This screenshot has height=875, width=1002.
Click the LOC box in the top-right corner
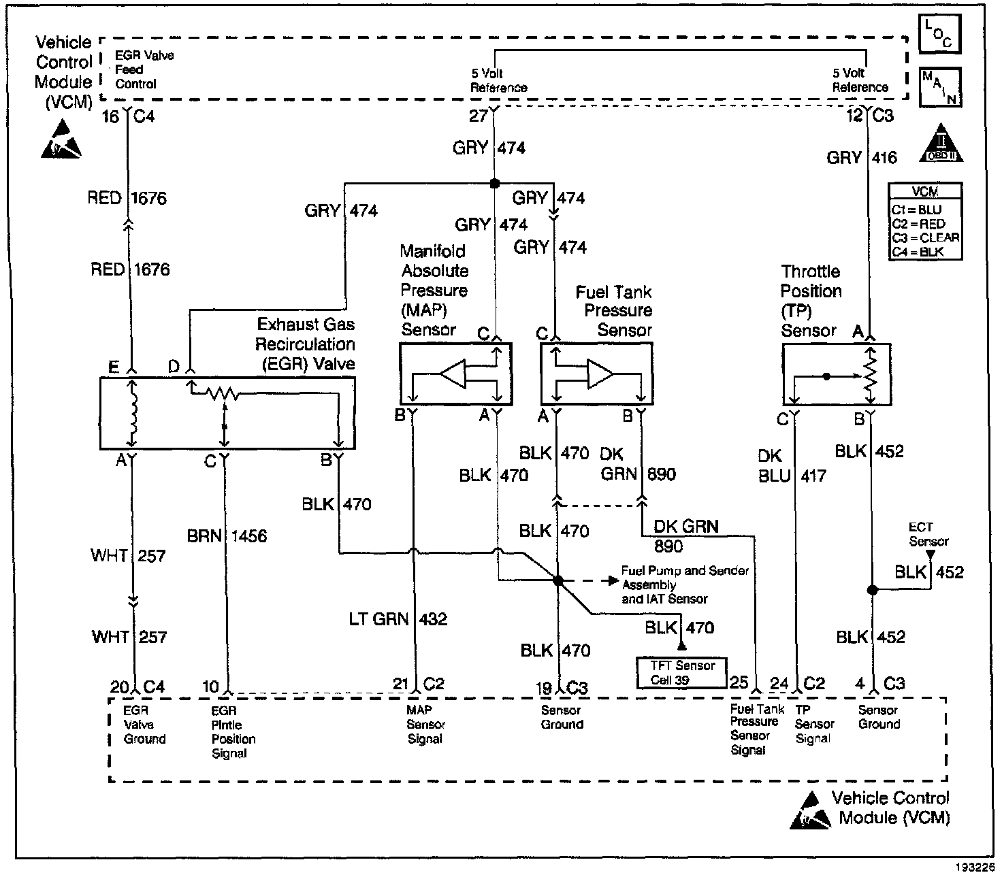[940, 33]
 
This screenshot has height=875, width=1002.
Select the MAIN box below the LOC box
[940, 86]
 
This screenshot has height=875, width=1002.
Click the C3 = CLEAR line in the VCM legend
[925, 238]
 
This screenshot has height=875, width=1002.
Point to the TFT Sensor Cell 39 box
[681, 673]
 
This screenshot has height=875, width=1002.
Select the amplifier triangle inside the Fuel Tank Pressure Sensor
[600, 374]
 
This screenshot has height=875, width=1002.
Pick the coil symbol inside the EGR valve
[132, 412]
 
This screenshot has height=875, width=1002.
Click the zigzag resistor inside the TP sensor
[870, 376]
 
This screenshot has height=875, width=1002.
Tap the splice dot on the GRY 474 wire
[495, 184]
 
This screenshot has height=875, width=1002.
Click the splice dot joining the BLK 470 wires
[557, 581]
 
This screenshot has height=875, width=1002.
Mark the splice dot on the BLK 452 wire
[872, 590]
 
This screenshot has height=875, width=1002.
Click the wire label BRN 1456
[227, 536]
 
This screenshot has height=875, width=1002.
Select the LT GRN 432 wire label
[398, 619]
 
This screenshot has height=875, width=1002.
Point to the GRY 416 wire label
[862, 158]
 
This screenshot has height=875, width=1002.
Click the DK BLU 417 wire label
[792, 465]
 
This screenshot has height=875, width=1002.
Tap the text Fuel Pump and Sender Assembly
[685, 578]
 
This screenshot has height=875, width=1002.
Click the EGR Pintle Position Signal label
[233, 732]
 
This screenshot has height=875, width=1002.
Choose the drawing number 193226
[975, 867]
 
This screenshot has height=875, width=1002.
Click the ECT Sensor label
[928, 534]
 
